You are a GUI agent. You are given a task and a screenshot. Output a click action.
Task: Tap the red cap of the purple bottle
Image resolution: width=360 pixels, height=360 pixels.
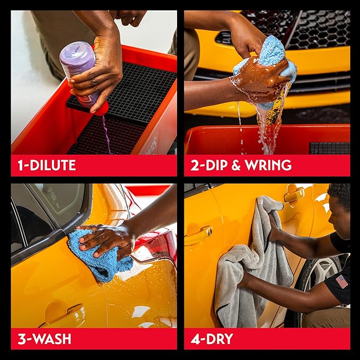coord(100,108)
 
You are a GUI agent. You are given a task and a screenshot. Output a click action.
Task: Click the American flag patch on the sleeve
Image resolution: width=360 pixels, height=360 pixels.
coord(342,280)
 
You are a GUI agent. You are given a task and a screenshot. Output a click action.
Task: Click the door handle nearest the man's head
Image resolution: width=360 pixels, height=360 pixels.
coord(294,196)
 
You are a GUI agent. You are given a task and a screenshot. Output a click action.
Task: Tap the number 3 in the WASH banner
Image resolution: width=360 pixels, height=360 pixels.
coord(21,339)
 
